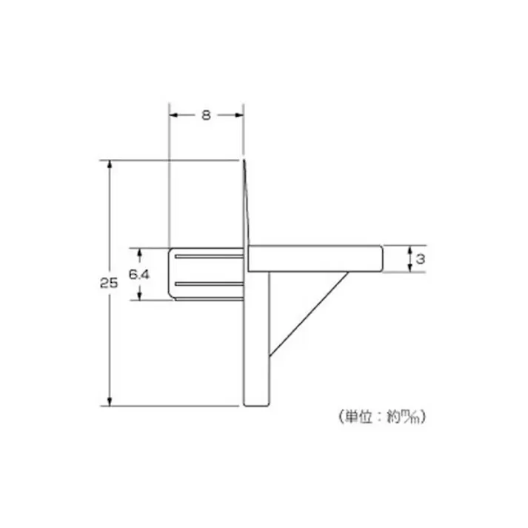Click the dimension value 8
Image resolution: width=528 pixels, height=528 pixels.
(206, 115)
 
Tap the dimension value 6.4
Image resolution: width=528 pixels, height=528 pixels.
(139, 274)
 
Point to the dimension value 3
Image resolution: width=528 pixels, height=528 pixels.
(420, 259)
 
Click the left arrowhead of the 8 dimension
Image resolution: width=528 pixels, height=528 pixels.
(174, 115)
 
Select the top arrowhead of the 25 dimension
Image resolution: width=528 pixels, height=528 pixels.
(110, 164)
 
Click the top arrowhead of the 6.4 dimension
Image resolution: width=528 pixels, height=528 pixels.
(139, 252)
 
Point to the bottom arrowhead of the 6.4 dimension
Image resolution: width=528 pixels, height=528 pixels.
(139, 295)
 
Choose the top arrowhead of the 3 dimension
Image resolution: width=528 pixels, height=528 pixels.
(410, 250)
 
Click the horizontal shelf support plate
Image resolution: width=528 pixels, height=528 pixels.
(315, 258)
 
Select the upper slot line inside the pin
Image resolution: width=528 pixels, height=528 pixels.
(209, 257)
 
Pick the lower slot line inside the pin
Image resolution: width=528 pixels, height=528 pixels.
(209, 284)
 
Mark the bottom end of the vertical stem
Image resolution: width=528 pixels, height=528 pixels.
(256, 403)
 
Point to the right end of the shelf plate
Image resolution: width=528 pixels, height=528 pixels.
(381, 258)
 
